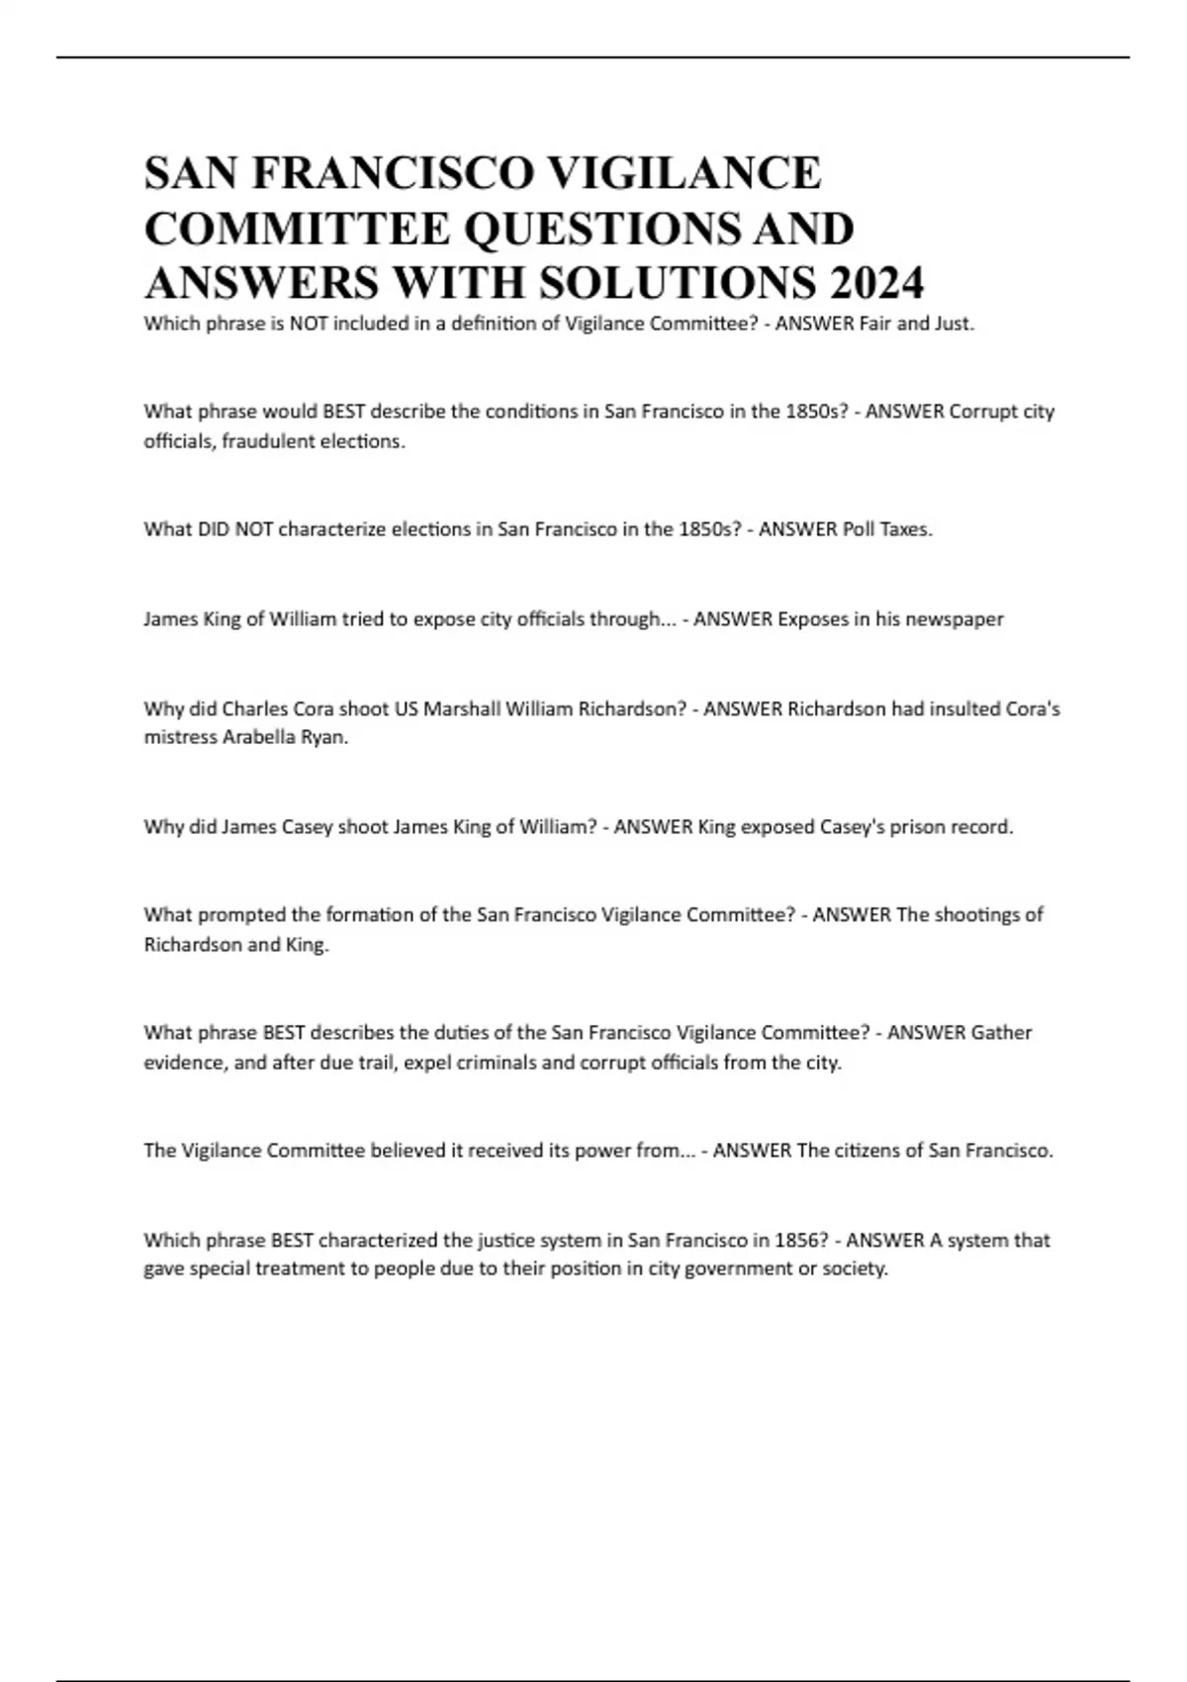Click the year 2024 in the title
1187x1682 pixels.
pyautogui.click(x=877, y=283)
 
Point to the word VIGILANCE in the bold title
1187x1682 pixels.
pyautogui.click(x=685, y=173)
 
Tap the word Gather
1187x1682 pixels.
pyautogui.click(x=1001, y=1033)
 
